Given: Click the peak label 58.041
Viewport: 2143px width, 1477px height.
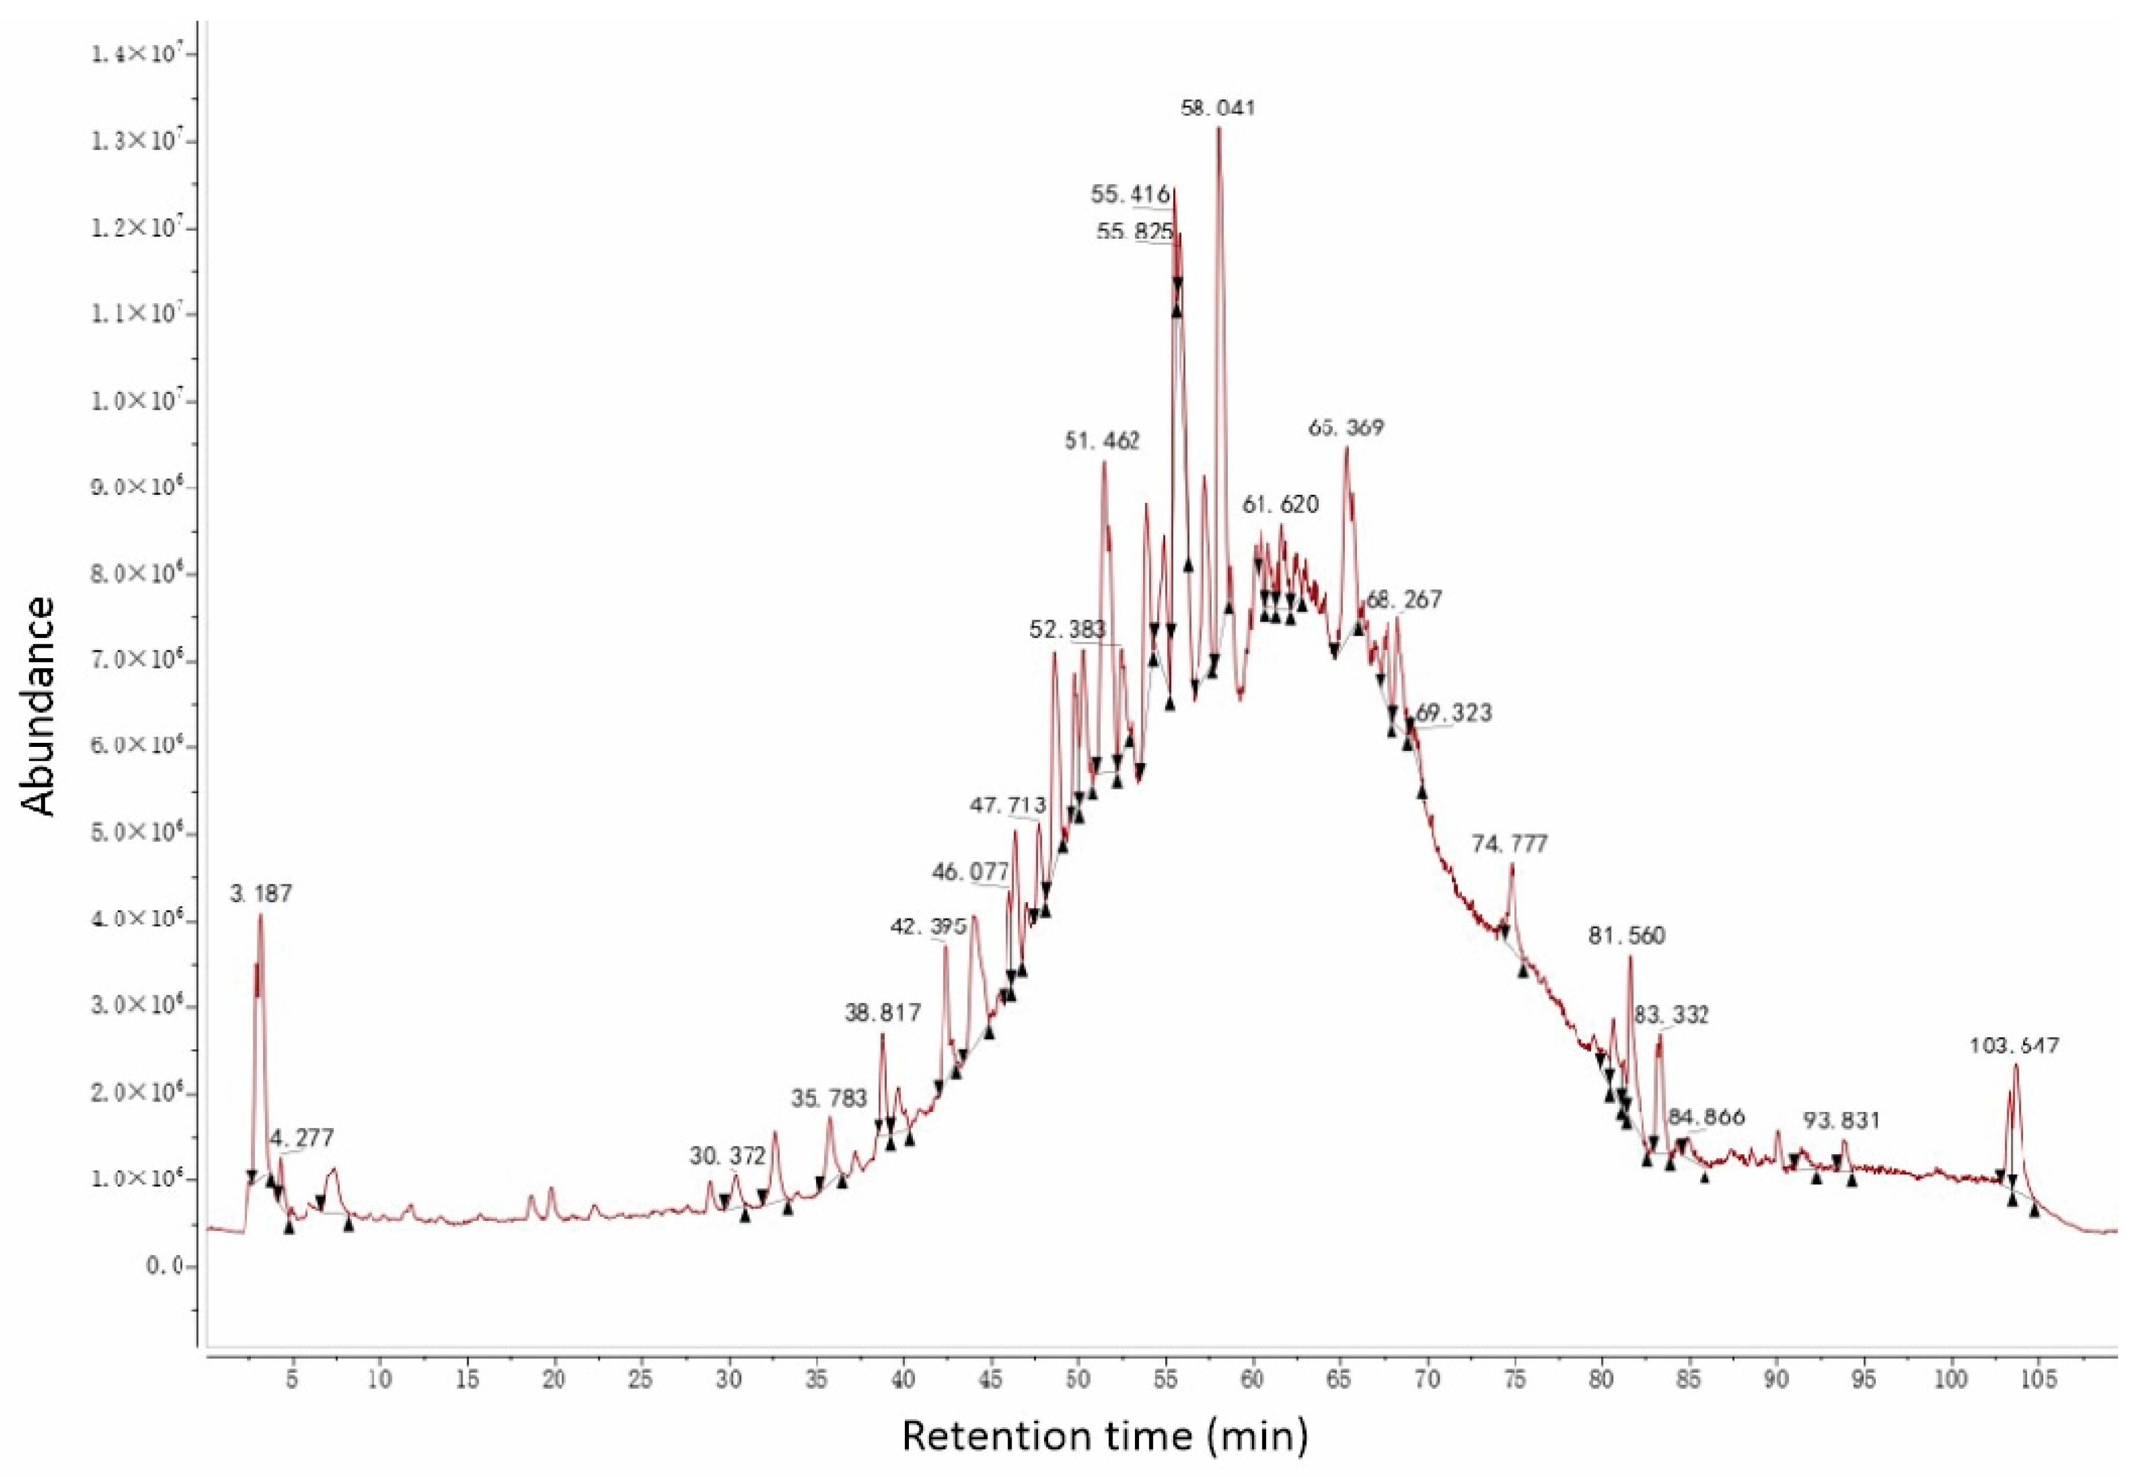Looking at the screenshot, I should coord(1218,108).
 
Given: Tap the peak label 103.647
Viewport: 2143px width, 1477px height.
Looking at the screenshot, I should coord(2014,1046).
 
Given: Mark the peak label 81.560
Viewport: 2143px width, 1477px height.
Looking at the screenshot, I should coord(1627,936).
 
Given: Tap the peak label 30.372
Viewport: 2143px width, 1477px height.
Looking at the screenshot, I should coord(727,1156).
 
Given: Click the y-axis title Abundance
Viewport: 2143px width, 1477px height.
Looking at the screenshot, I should coord(39,706).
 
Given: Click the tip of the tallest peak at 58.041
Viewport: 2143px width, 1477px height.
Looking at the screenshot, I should coord(1219,127).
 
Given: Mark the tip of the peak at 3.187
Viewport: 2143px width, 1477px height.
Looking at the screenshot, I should coord(261,914).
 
